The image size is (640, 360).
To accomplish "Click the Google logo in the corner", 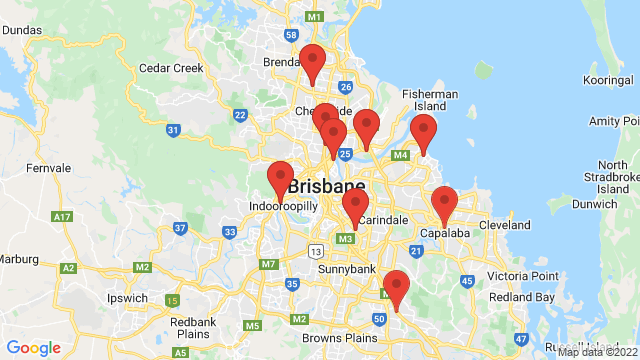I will tap(34, 348).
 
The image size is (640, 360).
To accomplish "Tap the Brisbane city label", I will tap(326, 187).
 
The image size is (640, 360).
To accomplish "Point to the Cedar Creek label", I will tap(171, 69).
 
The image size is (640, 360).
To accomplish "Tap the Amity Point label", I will tap(614, 121).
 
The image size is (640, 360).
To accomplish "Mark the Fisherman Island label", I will tap(430, 100).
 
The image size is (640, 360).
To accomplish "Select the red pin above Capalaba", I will tap(444, 205).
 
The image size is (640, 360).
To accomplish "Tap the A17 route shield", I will tap(63, 216).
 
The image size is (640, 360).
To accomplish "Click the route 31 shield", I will tap(174, 130).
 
